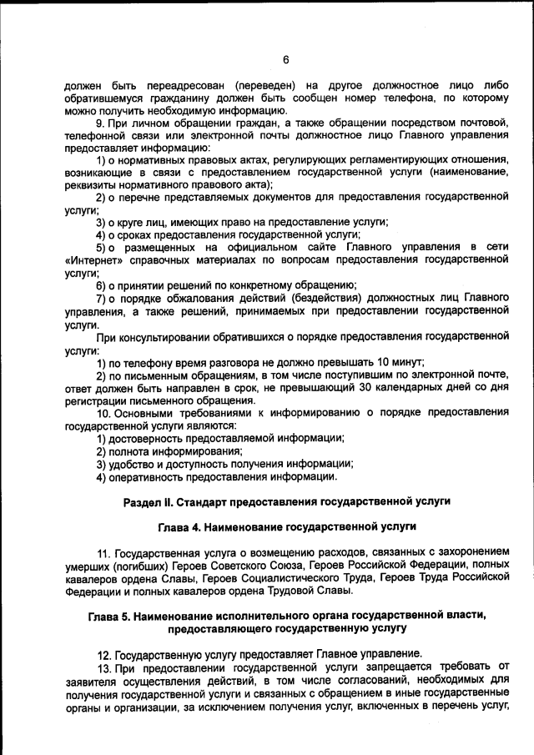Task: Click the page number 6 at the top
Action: [285, 59]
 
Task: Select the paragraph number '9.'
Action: [102, 123]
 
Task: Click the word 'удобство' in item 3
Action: [133, 464]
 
